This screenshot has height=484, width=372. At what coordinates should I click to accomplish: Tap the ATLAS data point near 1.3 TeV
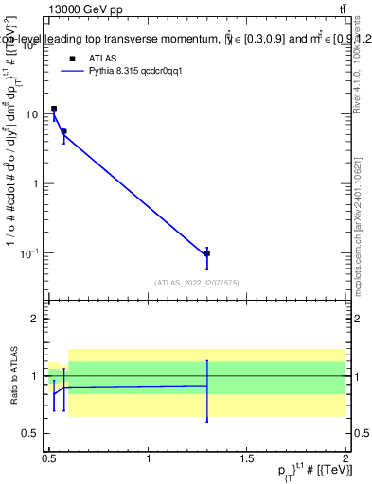click(207, 253)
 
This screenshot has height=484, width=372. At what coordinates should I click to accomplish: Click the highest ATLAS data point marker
click(54, 109)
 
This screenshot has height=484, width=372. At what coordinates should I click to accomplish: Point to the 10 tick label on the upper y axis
click(33, 114)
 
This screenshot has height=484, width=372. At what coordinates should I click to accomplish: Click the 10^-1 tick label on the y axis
click(30, 253)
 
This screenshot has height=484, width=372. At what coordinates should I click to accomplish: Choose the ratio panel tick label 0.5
click(31, 433)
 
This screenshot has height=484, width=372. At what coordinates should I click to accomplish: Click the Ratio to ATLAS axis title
click(12, 374)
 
